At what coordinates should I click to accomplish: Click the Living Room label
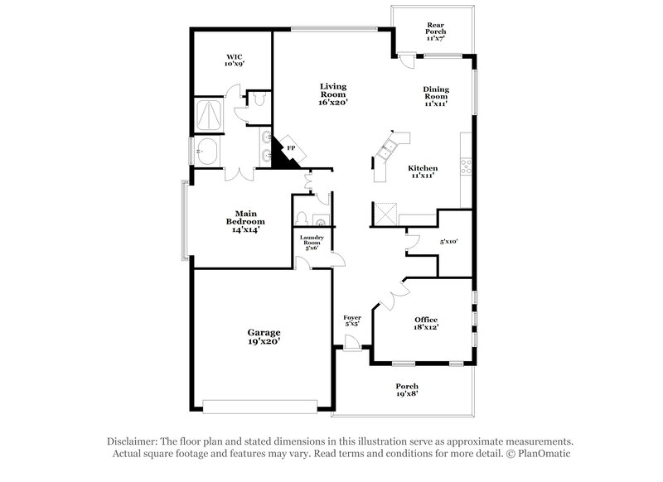334,94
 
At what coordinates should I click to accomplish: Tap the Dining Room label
436,97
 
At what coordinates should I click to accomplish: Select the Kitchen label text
423,173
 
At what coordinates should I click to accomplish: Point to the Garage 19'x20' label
264,335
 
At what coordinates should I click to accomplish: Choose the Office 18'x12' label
426,323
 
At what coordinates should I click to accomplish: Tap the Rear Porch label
436,31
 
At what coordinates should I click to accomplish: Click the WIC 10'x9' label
235,60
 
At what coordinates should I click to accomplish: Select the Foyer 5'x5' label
352,321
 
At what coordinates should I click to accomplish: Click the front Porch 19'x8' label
406,390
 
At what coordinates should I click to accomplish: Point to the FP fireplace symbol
290,150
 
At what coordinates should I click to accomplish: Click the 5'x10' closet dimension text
448,242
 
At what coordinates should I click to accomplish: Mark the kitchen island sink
387,149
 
